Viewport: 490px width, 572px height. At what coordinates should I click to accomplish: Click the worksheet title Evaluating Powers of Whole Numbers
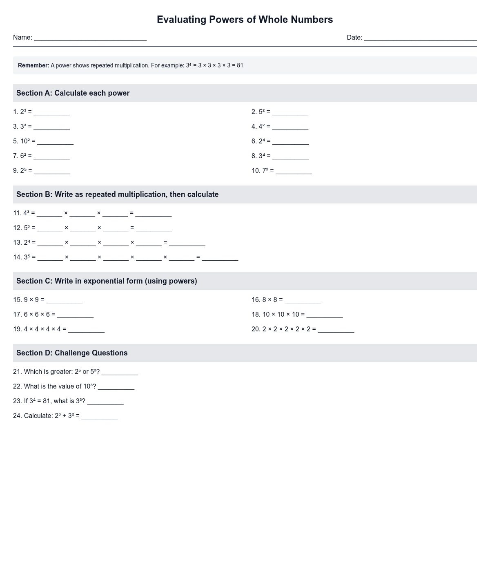click(x=245, y=20)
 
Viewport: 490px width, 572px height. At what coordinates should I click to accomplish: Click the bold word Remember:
click(x=33, y=65)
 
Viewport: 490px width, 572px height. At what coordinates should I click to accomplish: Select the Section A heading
click(x=73, y=93)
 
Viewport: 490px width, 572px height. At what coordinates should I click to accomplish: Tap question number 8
click(x=254, y=156)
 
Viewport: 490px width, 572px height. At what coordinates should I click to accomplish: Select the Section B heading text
click(x=117, y=194)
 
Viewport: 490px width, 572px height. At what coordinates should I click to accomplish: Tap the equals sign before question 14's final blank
click(x=198, y=257)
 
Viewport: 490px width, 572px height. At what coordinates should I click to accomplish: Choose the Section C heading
click(x=107, y=281)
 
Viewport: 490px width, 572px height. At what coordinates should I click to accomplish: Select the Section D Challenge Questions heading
click(x=72, y=353)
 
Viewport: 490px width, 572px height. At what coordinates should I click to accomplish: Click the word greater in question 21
click(x=61, y=372)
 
